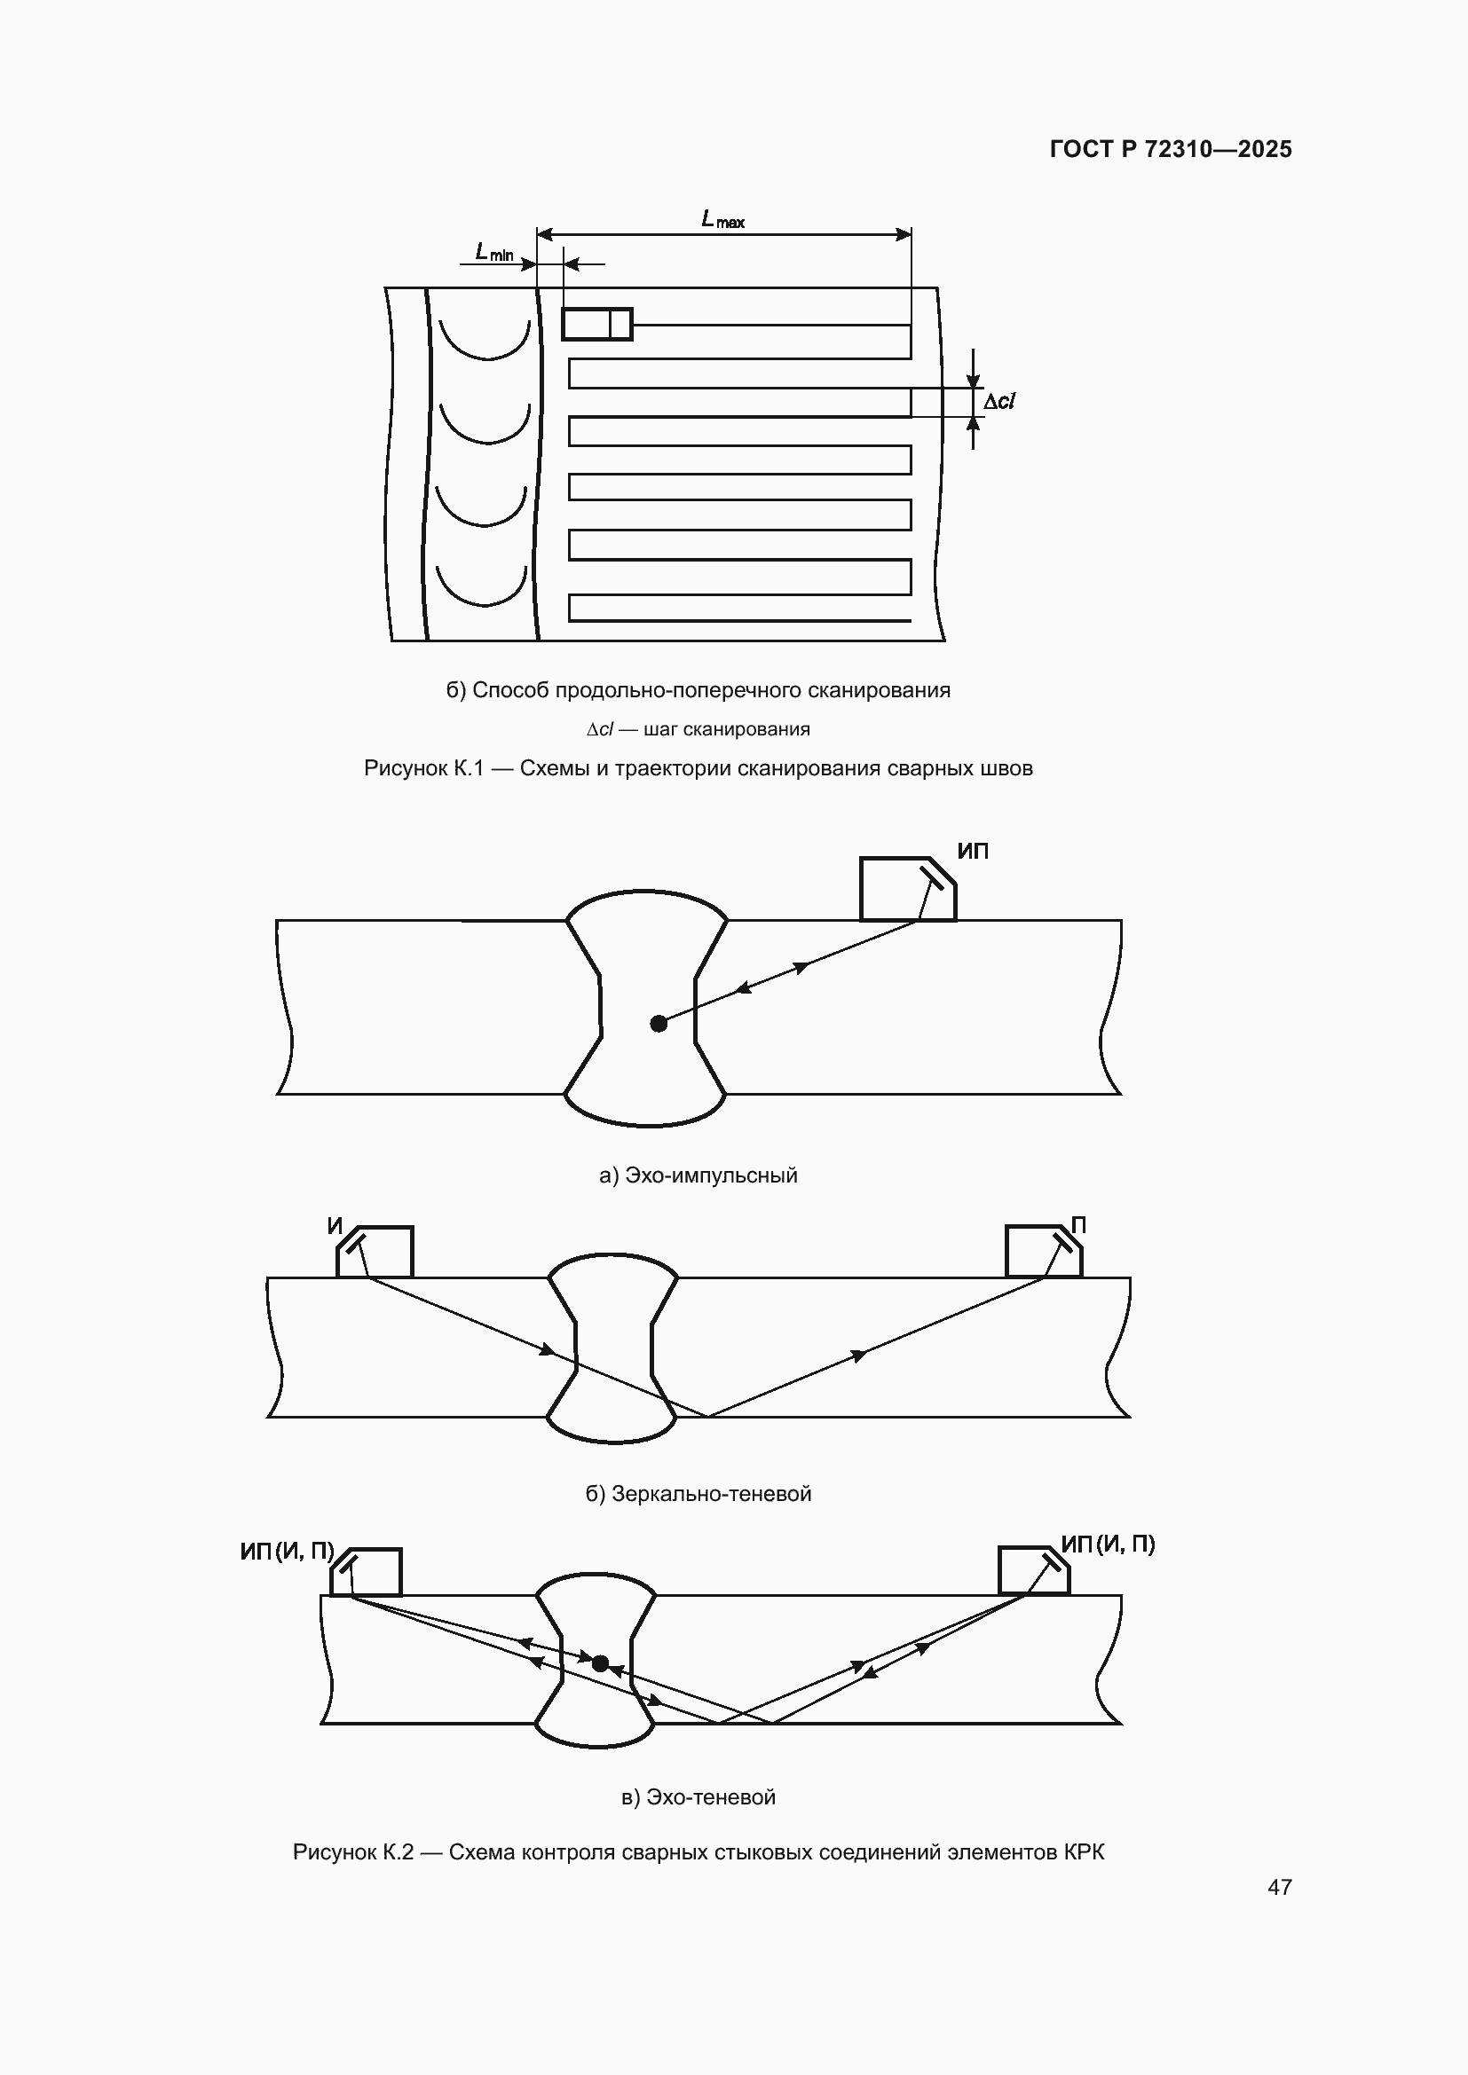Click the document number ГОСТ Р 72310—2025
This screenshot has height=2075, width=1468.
click(x=1171, y=149)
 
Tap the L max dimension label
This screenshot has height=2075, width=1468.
click(x=723, y=220)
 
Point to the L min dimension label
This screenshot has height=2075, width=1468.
click(x=494, y=252)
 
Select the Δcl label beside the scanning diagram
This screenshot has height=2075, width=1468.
click(x=998, y=401)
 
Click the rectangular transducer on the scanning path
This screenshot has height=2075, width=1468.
click(x=596, y=324)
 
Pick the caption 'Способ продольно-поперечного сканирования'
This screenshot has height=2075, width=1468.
click(x=712, y=690)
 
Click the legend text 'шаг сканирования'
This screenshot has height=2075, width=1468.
click(x=727, y=729)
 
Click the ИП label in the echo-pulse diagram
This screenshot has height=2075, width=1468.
click(x=973, y=851)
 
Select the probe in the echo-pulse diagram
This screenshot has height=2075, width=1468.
click(x=908, y=888)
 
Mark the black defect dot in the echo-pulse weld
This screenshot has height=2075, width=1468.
click(x=659, y=1024)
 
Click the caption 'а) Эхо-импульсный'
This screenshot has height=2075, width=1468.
click(x=698, y=1175)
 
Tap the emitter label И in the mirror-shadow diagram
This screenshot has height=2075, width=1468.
click(x=335, y=1226)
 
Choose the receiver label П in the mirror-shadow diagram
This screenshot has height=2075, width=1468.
click(x=1078, y=1224)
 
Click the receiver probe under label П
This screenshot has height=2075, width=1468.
click(x=1044, y=1251)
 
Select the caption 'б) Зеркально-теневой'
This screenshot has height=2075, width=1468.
click(x=698, y=1494)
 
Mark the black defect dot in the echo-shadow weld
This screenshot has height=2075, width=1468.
click(x=600, y=1662)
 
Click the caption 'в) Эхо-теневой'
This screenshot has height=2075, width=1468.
click(x=698, y=1797)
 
